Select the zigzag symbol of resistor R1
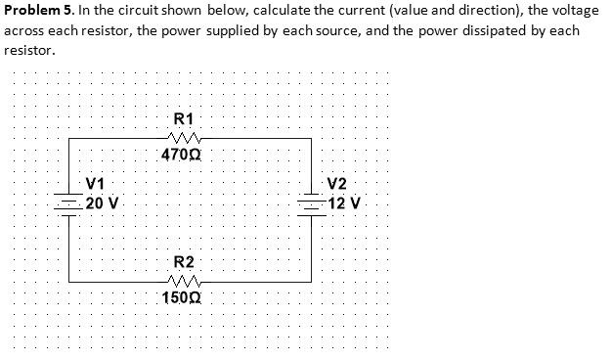[x=185, y=137]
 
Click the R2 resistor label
[x=184, y=262]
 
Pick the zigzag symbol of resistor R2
[x=184, y=280]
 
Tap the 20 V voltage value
[x=103, y=203]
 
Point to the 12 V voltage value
[x=345, y=203]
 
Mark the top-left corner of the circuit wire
[x=68, y=140]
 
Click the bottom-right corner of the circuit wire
[x=312, y=282]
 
